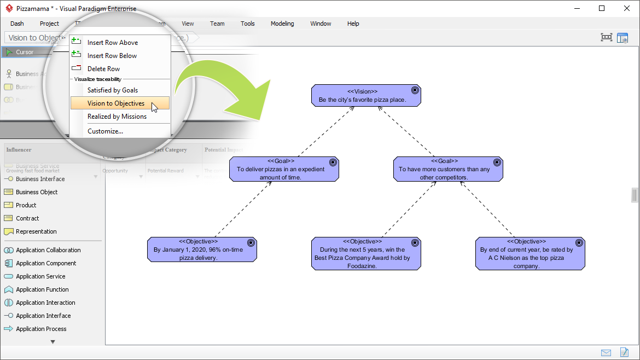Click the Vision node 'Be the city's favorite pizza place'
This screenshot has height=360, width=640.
coord(366,95)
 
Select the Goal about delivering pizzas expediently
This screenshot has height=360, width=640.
coord(284,169)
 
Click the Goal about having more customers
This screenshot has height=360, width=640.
coord(447,169)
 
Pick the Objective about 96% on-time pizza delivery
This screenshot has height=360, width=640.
coord(202,249)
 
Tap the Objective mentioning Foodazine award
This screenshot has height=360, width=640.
coord(366,253)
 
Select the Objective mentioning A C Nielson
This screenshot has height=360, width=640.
coord(530,253)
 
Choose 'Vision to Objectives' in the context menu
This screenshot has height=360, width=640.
coord(116,103)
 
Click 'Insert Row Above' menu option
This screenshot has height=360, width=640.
coord(113,43)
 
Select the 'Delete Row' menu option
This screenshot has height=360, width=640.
coord(103,69)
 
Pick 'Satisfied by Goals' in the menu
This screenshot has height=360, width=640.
coord(113,90)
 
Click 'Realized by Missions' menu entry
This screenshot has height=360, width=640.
coord(117,117)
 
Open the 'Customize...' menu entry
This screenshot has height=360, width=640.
coord(105,131)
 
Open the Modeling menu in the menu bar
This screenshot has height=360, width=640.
coord(282,24)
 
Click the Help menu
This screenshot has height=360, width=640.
coord(353,24)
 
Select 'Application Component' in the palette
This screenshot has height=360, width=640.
coord(46,263)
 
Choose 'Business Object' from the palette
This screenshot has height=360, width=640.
coord(37,192)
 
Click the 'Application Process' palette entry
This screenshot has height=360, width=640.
coord(41,329)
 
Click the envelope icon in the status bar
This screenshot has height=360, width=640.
coord(606,352)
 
